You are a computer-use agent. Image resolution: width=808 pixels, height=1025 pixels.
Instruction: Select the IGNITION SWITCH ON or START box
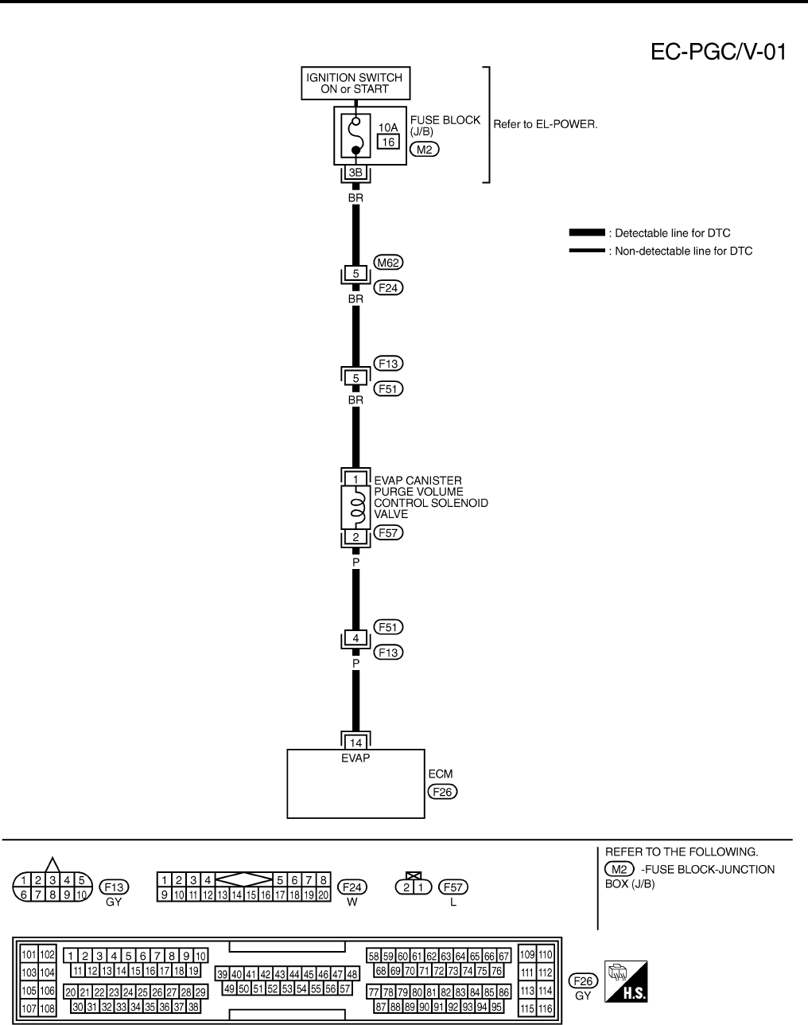[x=355, y=84]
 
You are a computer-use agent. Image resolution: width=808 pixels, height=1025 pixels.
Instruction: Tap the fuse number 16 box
[x=388, y=142]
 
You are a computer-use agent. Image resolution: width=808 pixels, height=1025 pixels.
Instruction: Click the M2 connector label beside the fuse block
[x=424, y=149]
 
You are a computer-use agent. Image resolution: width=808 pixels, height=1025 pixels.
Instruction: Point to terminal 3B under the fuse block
[x=355, y=173]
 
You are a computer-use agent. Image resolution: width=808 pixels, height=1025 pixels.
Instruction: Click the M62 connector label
[x=387, y=262]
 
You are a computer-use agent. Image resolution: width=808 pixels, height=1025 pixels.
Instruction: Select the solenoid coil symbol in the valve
[x=356, y=508]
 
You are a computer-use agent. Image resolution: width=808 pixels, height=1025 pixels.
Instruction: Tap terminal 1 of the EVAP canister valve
[x=355, y=479]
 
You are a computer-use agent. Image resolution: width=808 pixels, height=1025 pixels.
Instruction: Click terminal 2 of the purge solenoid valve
[x=355, y=537]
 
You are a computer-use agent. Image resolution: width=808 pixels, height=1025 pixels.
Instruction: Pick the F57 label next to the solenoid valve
[x=388, y=532]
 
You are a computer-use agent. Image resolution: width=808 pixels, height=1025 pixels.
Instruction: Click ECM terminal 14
[x=355, y=742]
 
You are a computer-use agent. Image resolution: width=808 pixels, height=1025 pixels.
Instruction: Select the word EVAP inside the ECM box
[x=355, y=758]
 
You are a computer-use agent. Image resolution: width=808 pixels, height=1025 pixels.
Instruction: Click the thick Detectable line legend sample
[x=586, y=233]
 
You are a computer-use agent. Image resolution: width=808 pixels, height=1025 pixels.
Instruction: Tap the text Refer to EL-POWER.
[x=546, y=125]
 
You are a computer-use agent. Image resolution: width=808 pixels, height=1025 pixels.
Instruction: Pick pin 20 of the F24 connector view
[x=324, y=894]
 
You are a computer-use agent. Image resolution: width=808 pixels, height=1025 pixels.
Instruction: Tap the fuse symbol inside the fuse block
[x=356, y=136]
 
